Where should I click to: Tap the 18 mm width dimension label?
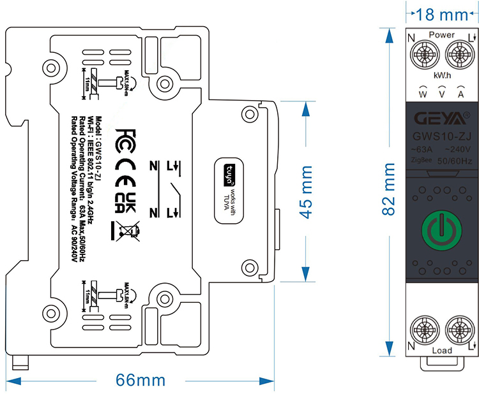[441, 12]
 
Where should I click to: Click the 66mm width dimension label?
[141, 381]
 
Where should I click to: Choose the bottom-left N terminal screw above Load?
[422, 329]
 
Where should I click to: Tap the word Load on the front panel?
[441, 351]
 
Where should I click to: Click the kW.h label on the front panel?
[442, 75]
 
